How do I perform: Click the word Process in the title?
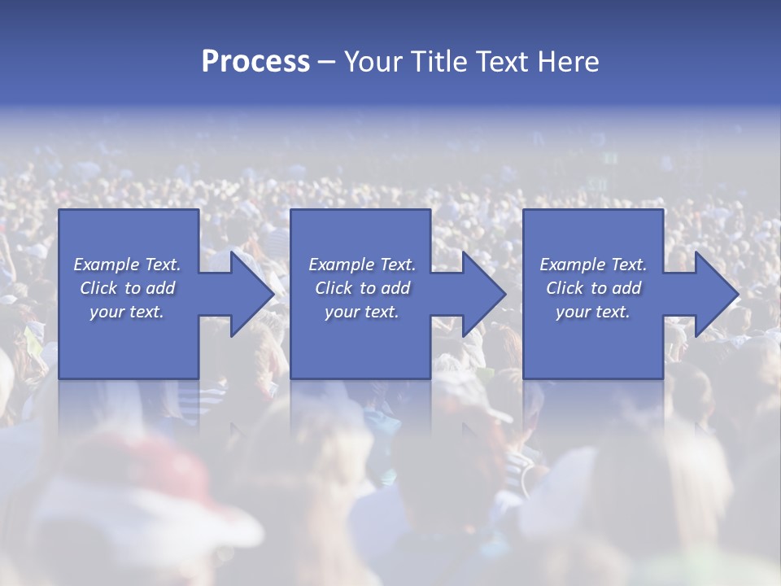(255, 62)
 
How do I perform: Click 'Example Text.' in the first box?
(127, 265)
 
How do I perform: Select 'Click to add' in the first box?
(127, 288)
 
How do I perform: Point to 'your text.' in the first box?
(127, 312)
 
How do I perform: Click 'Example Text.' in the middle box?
(361, 265)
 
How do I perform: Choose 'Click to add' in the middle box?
(361, 288)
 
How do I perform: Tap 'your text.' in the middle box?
(361, 312)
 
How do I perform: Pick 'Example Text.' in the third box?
(593, 265)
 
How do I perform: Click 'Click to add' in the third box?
(593, 288)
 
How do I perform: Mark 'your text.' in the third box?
(593, 312)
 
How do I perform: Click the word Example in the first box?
(106, 265)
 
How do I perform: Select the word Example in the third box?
(572, 265)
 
